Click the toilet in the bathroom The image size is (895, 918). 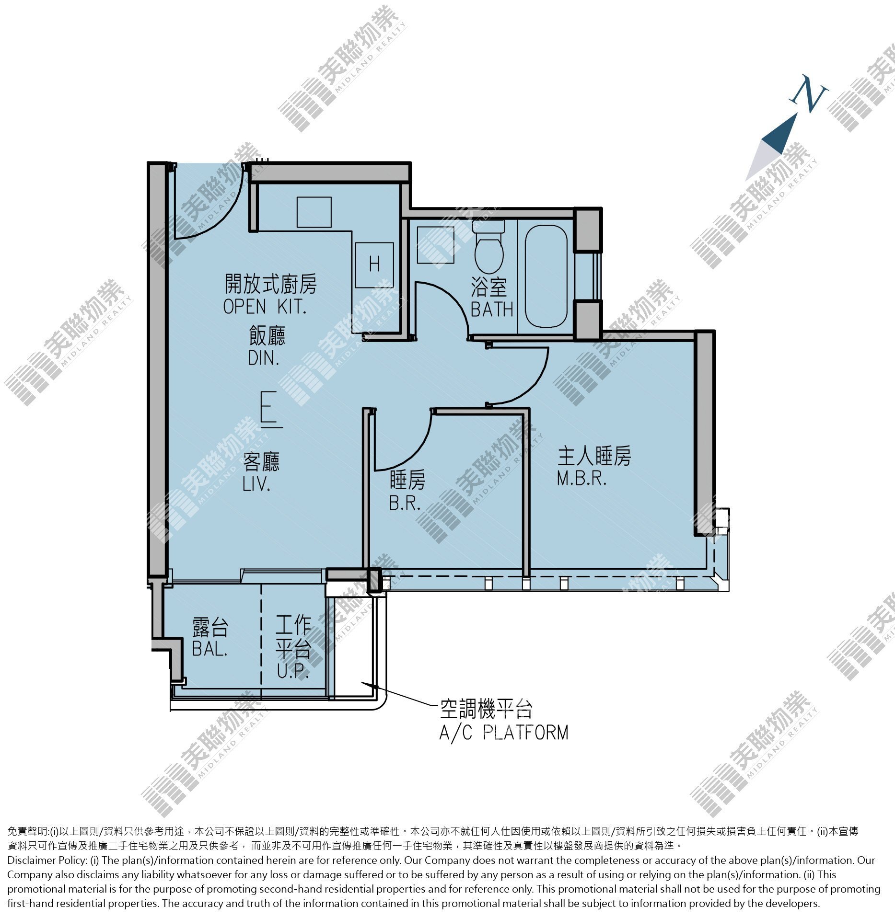488,247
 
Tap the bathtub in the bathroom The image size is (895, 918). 546,277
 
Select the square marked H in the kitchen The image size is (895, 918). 374,265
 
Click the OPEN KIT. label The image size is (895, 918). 265,307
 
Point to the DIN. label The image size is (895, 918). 264,358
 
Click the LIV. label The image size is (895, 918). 256,484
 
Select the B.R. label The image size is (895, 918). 405,503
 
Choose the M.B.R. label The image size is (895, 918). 582,478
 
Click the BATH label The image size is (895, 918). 492,310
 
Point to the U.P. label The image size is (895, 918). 293,671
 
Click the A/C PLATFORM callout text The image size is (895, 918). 504,733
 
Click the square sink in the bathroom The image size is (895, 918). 435,244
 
